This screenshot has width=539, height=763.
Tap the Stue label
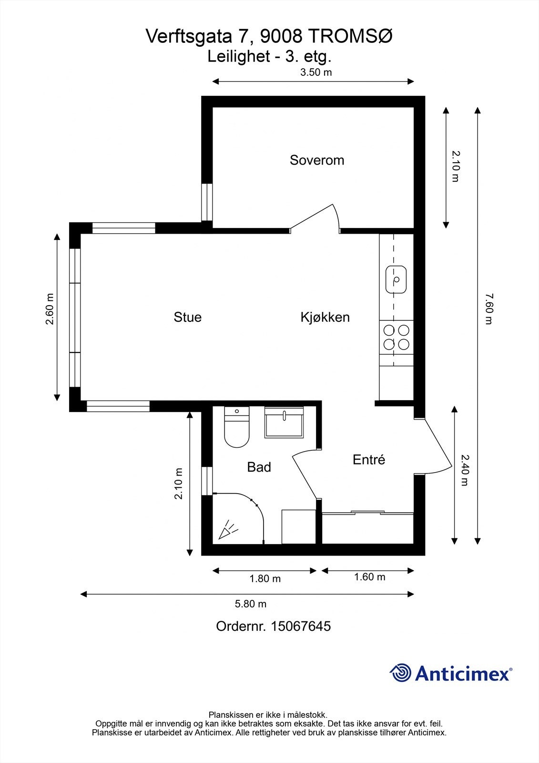click(187, 317)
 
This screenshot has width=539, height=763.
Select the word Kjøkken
click(325, 317)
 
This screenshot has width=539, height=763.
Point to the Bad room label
click(259, 467)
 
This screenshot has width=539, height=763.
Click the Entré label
click(369, 460)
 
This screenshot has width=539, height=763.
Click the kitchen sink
click(396, 279)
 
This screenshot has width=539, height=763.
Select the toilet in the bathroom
click(237, 428)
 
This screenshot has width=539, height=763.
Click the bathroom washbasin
click(284, 423)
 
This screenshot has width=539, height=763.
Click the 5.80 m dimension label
click(251, 604)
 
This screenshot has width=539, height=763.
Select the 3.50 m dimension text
click(315, 72)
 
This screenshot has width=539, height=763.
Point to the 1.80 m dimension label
click(265, 579)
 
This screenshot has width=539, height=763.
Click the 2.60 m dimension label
click(50, 309)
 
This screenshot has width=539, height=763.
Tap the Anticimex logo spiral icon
click(400, 673)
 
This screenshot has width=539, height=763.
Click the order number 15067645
click(300, 626)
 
